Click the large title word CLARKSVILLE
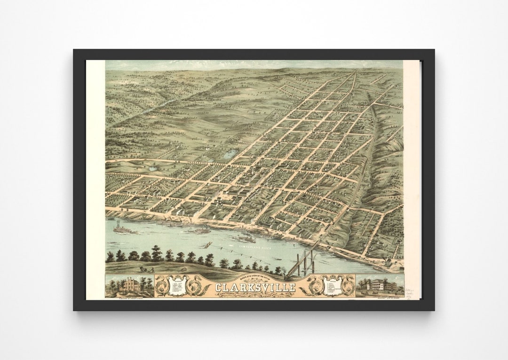tap(255, 287)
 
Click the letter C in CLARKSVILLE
tap(219, 287)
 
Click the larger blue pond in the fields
tap(230, 154)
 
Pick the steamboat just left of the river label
tap(246, 238)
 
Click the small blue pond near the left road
tap(152, 167)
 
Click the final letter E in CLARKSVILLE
tap(292, 287)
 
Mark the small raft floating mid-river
tap(207, 245)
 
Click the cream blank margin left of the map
tap(95, 179)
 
